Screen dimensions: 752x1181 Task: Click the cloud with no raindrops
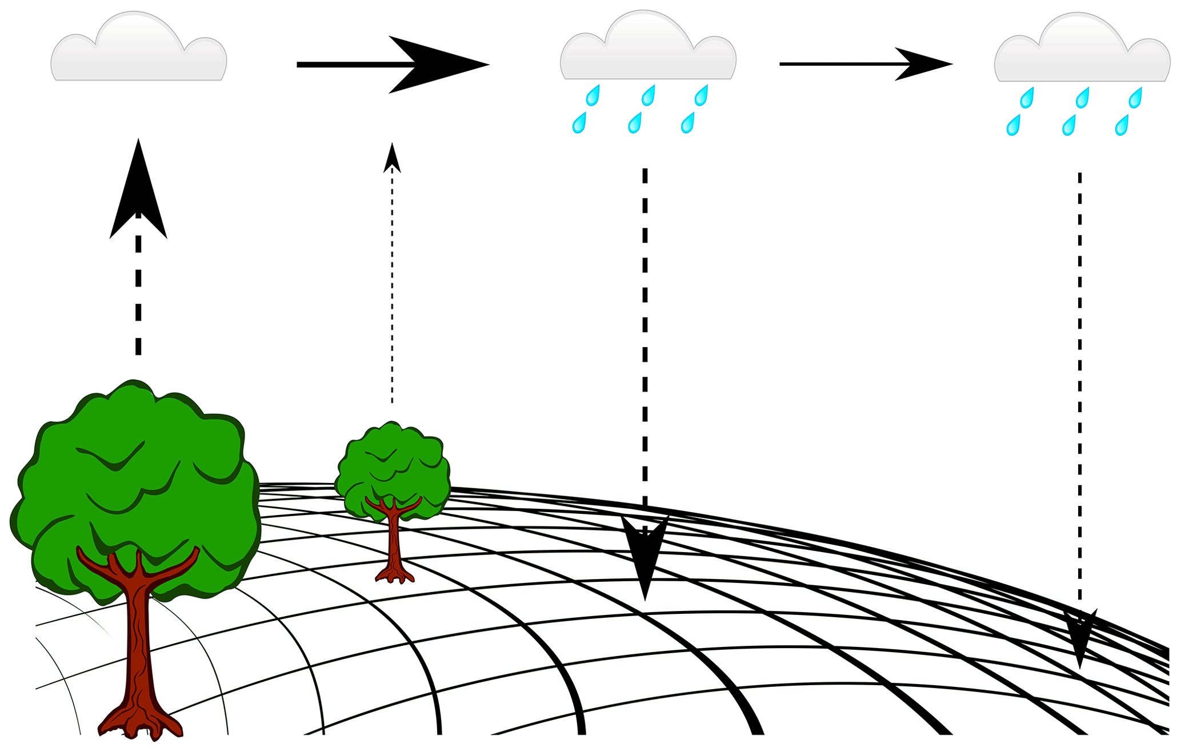pyautogui.click(x=139, y=54)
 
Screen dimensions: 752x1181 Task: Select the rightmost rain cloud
pyautogui.click(x=1082, y=55)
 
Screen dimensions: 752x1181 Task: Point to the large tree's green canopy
pyautogui.click(x=137, y=485)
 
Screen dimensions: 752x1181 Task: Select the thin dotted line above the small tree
pyautogui.click(x=392, y=285)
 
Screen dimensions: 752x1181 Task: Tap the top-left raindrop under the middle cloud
pyautogui.click(x=594, y=95)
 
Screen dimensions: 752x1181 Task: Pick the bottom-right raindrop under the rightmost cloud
pyautogui.click(x=1122, y=126)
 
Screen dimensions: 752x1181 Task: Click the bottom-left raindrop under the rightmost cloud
pyautogui.click(x=1014, y=126)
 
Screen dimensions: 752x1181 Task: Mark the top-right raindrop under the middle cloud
pyautogui.click(x=702, y=95)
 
